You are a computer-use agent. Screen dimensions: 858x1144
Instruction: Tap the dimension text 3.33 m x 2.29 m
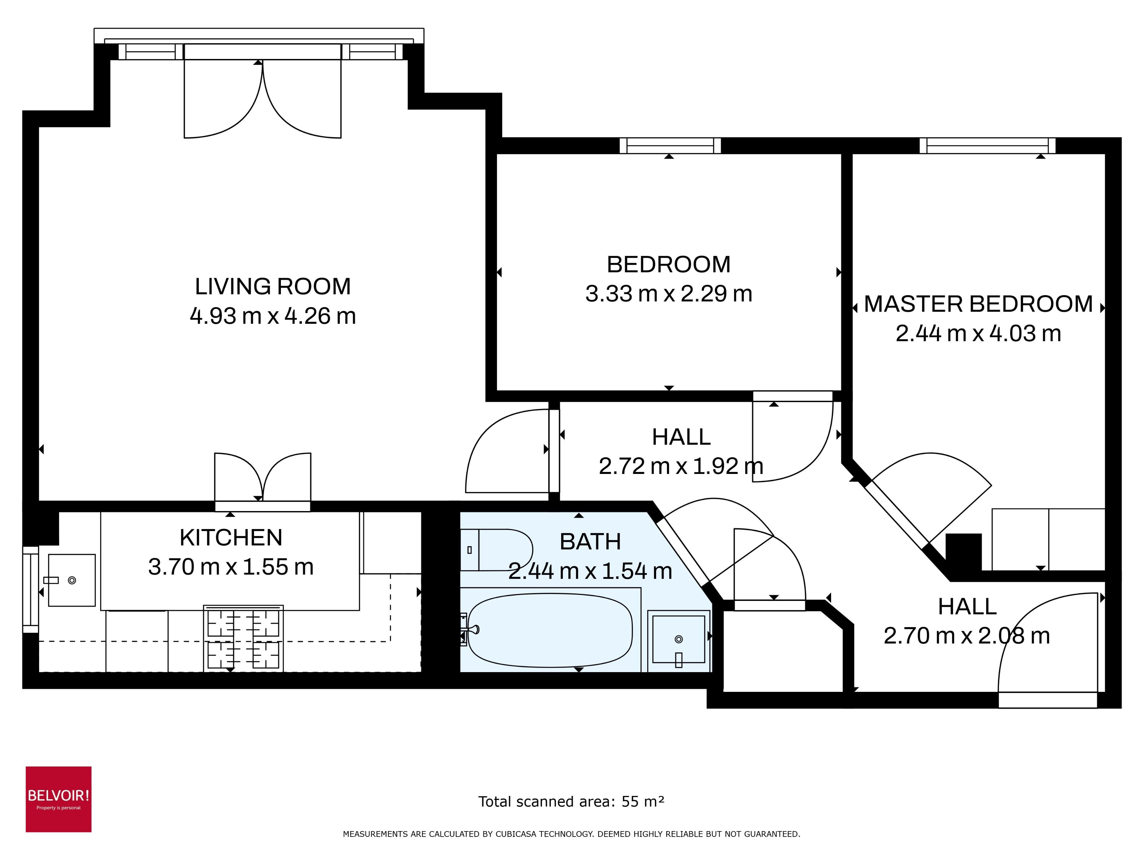[x=668, y=294]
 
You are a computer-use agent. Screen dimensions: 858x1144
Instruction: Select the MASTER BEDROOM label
[x=978, y=304]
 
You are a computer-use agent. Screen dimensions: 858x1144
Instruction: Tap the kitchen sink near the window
[x=71, y=580]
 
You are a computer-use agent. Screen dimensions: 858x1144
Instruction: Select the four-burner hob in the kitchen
[x=243, y=639]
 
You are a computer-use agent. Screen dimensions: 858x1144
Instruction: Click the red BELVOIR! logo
[x=59, y=799]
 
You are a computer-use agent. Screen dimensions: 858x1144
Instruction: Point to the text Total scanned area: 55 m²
[x=571, y=801]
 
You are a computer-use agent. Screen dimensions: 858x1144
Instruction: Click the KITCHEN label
[x=231, y=538]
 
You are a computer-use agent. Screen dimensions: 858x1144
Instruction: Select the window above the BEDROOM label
[x=670, y=146]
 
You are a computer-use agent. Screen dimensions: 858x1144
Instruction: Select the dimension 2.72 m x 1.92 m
[x=681, y=466]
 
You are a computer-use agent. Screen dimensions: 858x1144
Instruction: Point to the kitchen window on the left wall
[x=31, y=590]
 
